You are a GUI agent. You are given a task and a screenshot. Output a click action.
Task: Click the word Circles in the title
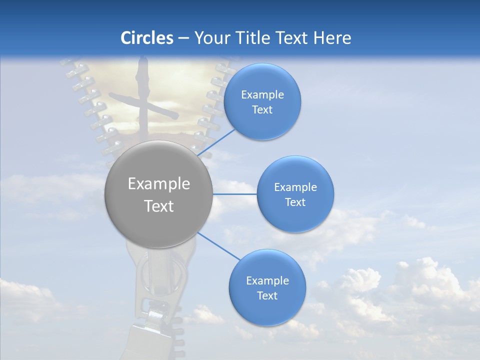click(147, 38)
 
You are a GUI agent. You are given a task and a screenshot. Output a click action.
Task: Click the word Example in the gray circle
click(159, 184)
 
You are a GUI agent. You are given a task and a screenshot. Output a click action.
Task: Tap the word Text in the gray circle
click(159, 206)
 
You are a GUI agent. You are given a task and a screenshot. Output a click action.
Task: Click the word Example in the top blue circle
click(262, 95)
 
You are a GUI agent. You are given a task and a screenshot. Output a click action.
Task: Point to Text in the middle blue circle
click(295, 202)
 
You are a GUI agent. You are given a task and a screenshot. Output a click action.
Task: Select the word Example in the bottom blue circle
click(267, 281)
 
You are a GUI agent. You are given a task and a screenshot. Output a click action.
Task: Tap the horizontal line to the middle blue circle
click(234, 194)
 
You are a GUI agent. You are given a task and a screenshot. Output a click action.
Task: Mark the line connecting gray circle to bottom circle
click(218, 246)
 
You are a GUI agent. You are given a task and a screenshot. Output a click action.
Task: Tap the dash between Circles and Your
click(183, 38)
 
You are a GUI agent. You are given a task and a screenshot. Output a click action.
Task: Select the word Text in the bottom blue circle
click(267, 296)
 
